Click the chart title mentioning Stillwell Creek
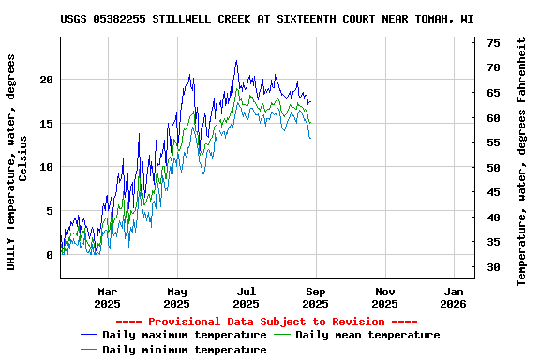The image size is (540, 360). pos(266,19)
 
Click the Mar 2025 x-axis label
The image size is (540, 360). pos(108,297)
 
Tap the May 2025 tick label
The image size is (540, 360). pos(177,297)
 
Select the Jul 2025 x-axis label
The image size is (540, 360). pos(247,297)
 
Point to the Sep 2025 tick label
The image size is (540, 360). pos(316,297)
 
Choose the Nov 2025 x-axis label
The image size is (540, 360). pos(385,297)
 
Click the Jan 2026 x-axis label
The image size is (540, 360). pos(454,297)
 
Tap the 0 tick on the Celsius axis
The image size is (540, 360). pos(50,255)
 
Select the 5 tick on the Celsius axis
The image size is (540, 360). pos(50,211)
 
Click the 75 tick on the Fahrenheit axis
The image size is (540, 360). pos(493,43)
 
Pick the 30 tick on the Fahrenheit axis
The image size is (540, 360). pos(493,267)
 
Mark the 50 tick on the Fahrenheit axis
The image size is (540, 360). pos(493,168)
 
